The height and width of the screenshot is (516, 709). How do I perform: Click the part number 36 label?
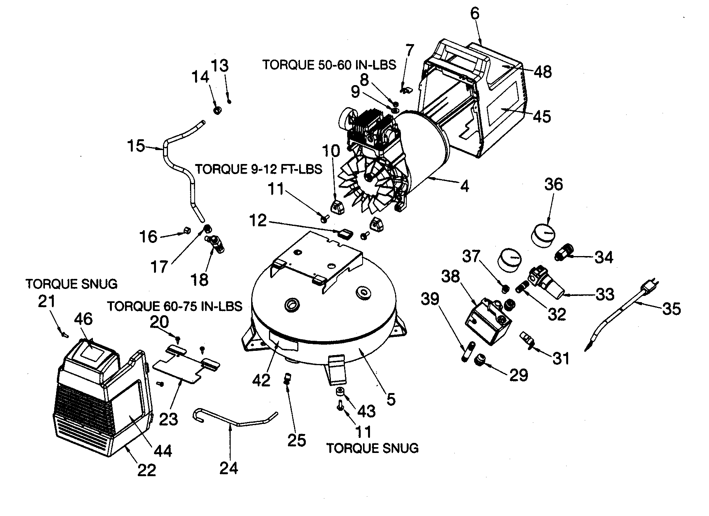pos(553,185)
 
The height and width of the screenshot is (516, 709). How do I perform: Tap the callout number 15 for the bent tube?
pos(136,147)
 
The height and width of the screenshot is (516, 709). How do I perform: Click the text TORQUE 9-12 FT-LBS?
pos(259,169)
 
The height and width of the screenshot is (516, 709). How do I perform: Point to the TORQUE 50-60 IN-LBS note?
pos(329,65)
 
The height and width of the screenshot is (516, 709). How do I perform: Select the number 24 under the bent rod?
pos(229,468)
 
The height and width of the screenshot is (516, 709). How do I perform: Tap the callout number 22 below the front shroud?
pos(147,470)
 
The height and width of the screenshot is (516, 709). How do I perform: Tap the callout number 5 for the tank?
pos(391,399)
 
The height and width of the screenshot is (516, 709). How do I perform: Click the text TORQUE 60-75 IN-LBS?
pos(175,306)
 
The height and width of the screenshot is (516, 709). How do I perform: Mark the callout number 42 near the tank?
pos(261,380)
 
